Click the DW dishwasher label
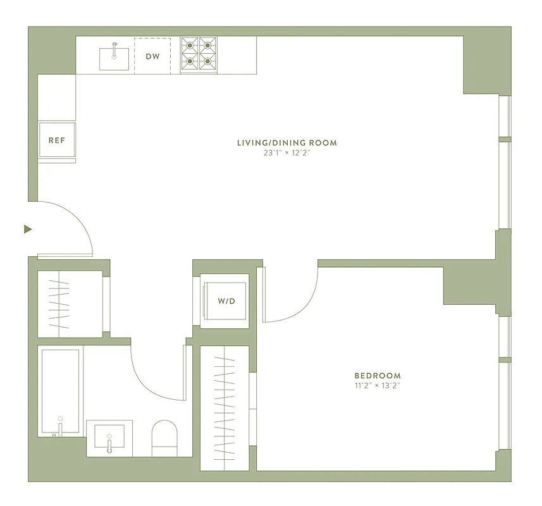pyautogui.click(x=152, y=57)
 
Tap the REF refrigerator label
pyautogui.click(x=57, y=140)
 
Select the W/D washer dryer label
pyautogui.click(x=226, y=301)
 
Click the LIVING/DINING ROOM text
pyautogui.click(x=287, y=143)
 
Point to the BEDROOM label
pyautogui.click(x=378, y=376)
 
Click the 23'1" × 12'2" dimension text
pyautogui.click(x=287, y=154)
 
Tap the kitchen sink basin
pyautogui.click(x=114, y=59)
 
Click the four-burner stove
pyautogui.click(x=198, y=54)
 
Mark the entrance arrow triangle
pyautogui.click(x=27, y=229)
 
